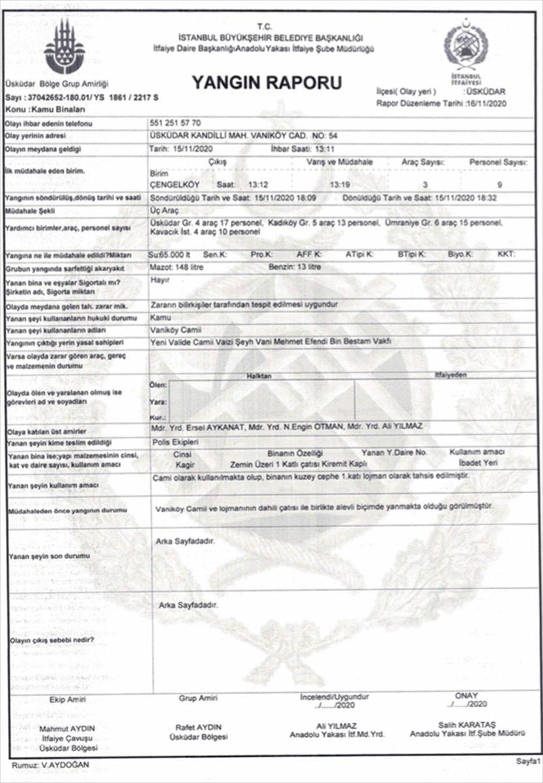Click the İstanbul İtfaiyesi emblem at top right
pyautogui.click(x=465, y=50)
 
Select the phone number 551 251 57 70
pyautogui.click(x=175, y=123)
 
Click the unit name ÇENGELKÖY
pyautogui.click(x=175, y=184)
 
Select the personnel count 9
pyautogui.click(x=499, y=185)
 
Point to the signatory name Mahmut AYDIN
pyautogui.click(x=68, y=728)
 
